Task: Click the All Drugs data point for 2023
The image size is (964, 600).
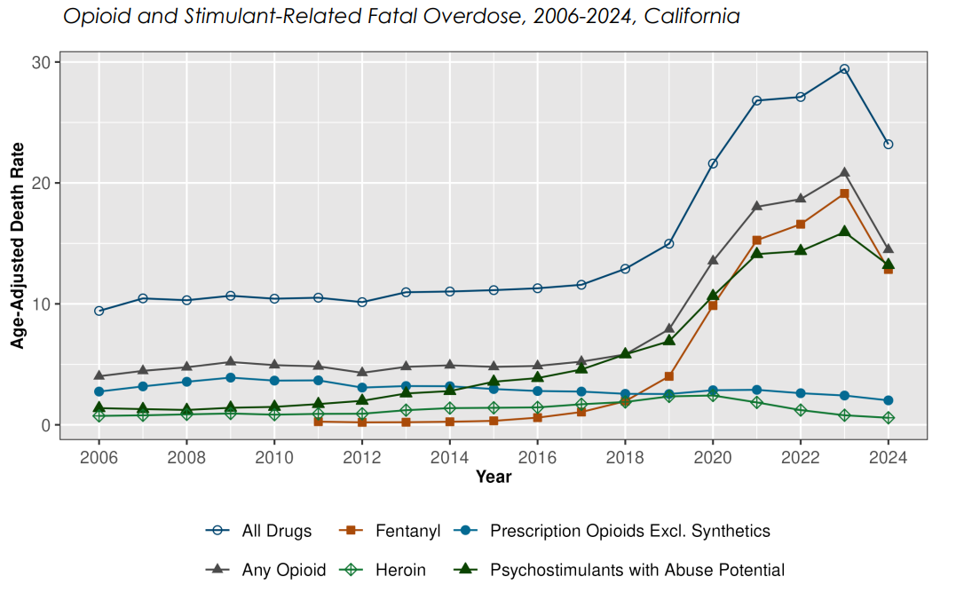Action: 844,68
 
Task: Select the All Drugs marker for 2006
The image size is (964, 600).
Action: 99,311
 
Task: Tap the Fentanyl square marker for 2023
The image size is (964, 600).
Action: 844,193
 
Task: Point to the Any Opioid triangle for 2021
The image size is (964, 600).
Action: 757,206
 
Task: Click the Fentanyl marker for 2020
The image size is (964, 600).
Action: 713,305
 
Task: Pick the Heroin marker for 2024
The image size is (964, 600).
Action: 888,418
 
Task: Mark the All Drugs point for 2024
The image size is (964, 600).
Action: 888,144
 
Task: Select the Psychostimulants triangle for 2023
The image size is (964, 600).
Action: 844,232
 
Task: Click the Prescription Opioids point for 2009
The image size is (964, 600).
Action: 230,377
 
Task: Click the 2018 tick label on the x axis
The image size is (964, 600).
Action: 625,458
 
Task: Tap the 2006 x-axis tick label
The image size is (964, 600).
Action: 99,458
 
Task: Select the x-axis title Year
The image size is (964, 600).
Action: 494,478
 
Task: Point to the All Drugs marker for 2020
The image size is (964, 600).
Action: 713,163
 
